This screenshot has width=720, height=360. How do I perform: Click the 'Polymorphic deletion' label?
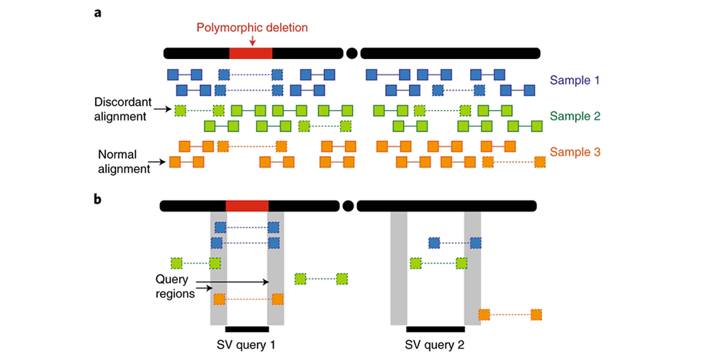252,28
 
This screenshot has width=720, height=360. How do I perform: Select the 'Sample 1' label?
574,80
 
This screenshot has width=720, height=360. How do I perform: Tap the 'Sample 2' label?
574,116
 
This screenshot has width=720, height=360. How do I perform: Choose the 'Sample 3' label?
575,152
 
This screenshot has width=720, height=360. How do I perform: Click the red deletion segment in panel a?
251,53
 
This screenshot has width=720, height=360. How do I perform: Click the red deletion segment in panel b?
247,207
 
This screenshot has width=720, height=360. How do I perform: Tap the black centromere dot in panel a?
351,53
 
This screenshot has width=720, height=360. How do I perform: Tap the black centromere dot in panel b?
348,207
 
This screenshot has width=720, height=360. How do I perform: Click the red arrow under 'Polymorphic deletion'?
252,42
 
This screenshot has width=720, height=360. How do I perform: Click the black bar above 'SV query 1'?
247,330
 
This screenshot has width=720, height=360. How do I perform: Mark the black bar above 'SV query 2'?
435,330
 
